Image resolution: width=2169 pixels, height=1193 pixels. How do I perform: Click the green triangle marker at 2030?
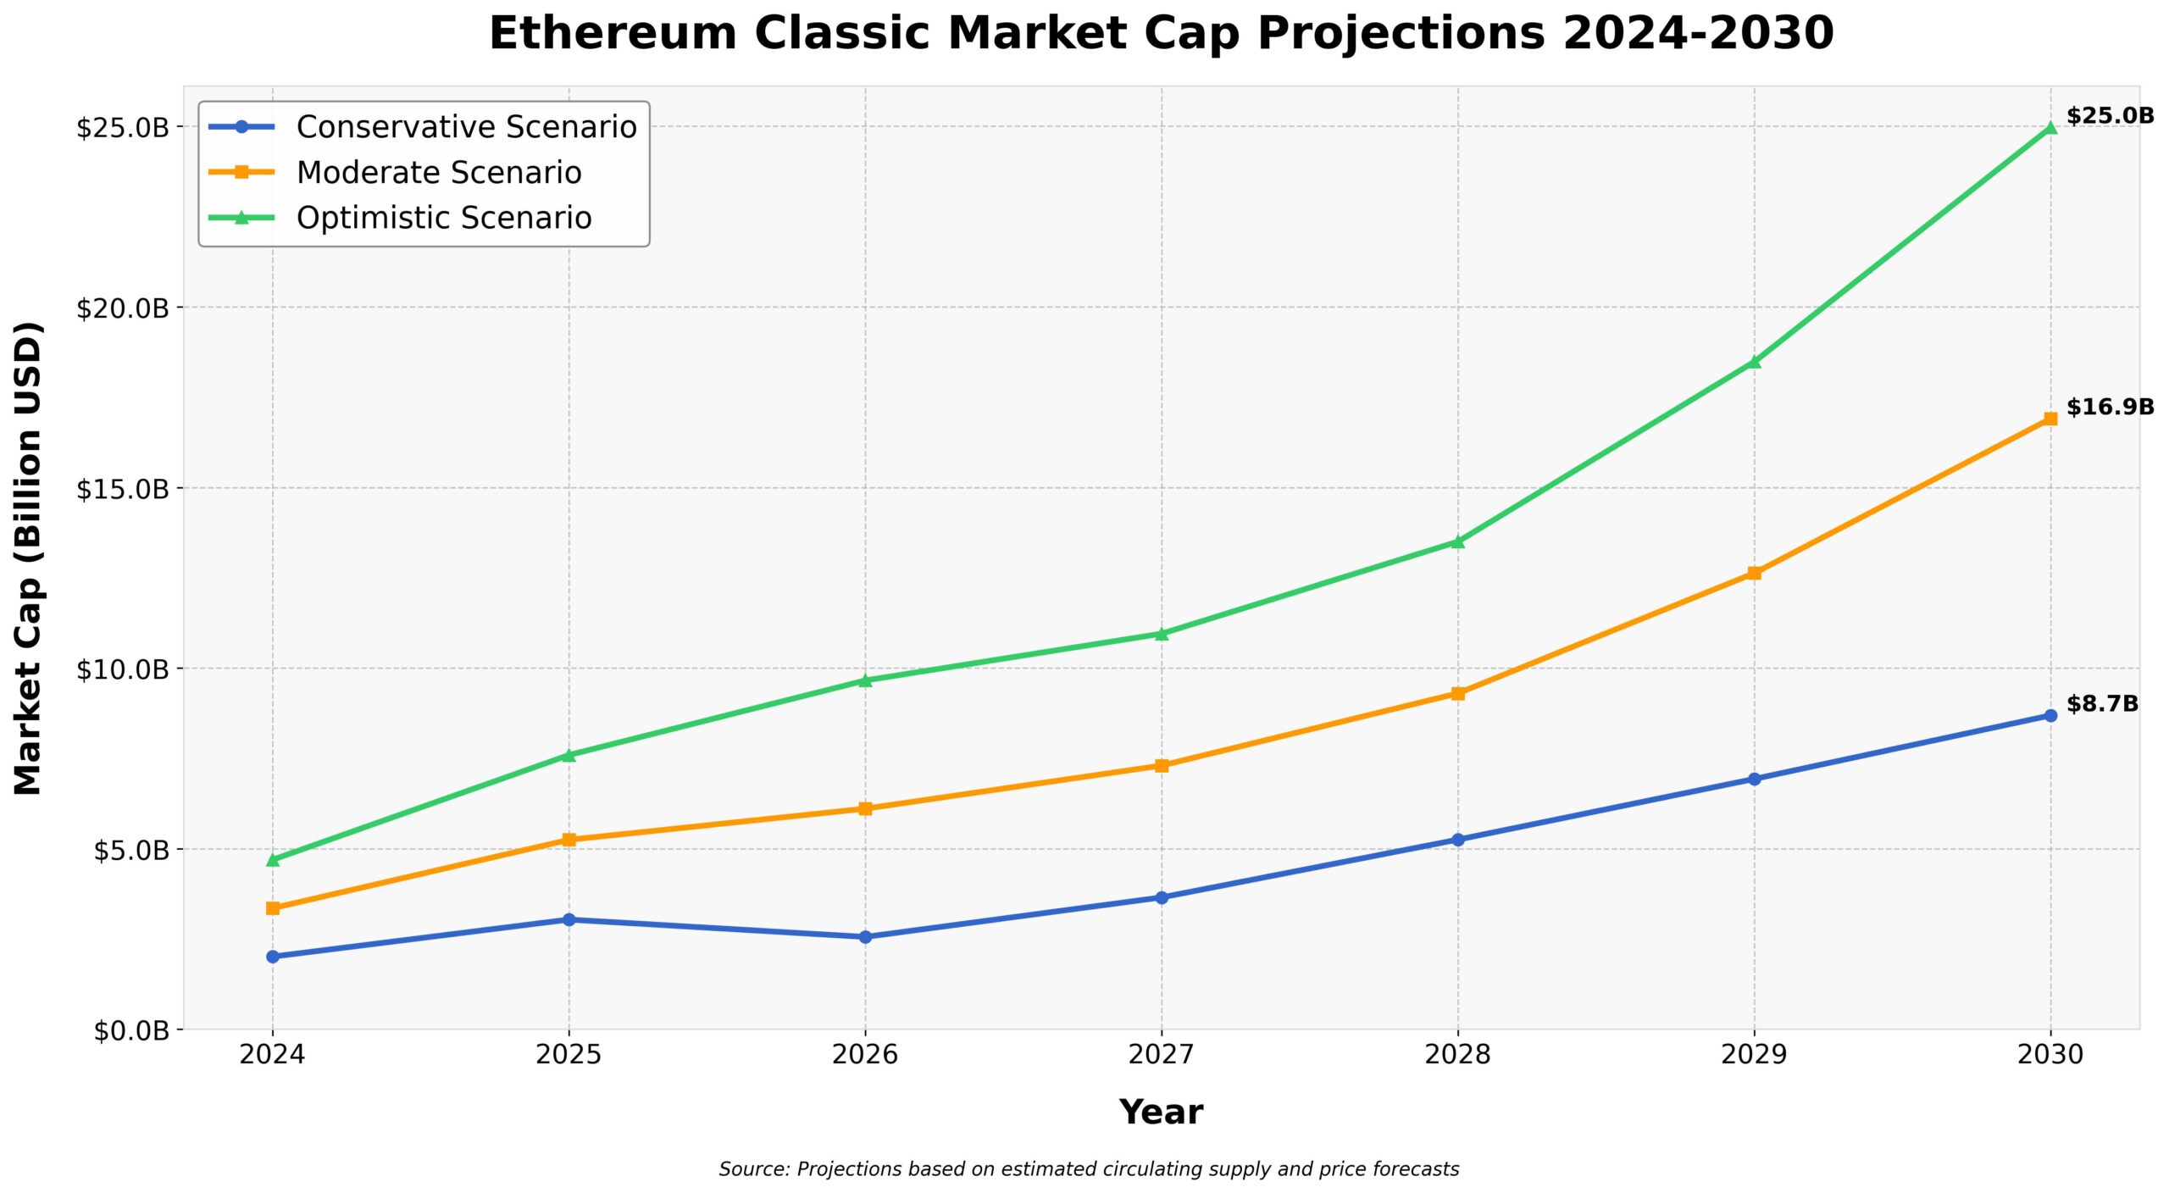point(2050,128)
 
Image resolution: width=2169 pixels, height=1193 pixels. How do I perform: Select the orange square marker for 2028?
point(1457,693)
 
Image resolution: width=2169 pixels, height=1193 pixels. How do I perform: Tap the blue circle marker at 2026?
point(865,937)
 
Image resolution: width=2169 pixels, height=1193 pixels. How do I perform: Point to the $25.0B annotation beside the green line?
point(2109,115)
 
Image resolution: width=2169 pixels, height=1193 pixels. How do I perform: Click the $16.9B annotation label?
point(2109,407)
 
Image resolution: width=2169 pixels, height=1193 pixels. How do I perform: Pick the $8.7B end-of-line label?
point(2101,704)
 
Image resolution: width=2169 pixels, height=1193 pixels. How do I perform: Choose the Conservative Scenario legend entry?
point(466,127)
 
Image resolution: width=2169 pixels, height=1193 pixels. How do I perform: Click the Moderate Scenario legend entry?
point(438,173)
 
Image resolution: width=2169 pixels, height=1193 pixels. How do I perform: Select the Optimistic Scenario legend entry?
point(443,218)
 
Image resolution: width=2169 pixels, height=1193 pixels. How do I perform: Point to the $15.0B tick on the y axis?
point(123,489)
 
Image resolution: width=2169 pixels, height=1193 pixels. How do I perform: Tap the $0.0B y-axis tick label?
point(131,1031)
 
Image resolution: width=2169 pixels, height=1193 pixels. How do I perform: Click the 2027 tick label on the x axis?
point(1161,1054)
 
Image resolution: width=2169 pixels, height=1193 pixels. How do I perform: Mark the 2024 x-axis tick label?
point(272,1054)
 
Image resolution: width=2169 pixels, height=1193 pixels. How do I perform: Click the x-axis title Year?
point(1161,1112)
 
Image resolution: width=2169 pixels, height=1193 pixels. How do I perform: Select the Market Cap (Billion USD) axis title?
point(28,558)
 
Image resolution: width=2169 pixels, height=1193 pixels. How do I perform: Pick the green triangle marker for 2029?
point(1754,362)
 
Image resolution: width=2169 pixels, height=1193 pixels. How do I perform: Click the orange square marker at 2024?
point(273,908)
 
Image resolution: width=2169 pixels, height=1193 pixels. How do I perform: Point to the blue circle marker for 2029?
point(1754,779)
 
